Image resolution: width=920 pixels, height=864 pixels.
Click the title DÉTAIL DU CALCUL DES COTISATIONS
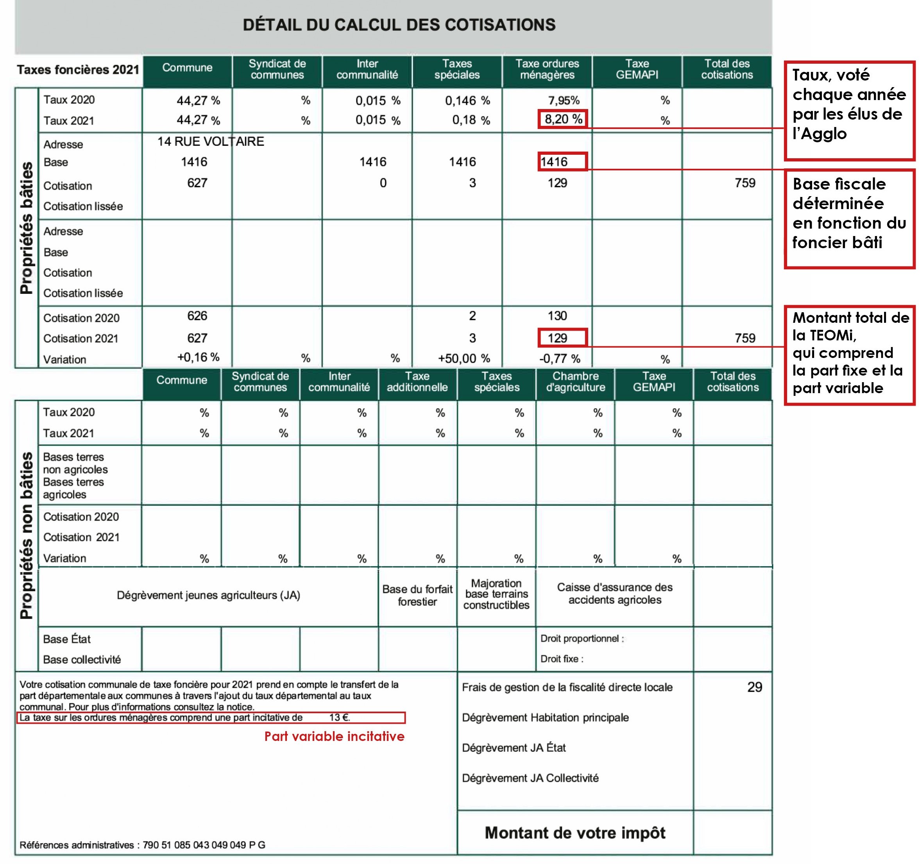coord(399,25)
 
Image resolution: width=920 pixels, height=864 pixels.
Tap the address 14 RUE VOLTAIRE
coord(211,141)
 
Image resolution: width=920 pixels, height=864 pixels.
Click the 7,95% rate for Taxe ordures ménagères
coord(563,100)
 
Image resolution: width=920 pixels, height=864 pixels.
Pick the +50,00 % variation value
coord(464,358)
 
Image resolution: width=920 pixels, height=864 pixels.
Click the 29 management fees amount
coord(754,687)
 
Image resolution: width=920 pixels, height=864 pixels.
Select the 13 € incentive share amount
coord(339,718)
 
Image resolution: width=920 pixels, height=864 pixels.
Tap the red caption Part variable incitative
coord(334,736)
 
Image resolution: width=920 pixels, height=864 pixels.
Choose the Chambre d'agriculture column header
coord(575,382)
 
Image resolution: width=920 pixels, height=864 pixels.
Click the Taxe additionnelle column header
coord(417,382)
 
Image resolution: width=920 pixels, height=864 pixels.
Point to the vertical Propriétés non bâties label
coord(27,535)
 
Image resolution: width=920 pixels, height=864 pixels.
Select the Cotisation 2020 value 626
coord(197,316)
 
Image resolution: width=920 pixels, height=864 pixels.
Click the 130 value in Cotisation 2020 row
coord(557,316)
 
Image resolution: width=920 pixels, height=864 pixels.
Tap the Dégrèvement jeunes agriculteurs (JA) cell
coord(208,595)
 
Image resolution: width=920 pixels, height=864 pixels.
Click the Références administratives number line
coord(143,845)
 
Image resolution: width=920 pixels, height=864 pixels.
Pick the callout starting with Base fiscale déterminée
coord(849,213)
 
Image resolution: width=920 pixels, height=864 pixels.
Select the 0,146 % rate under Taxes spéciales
coord(467,100)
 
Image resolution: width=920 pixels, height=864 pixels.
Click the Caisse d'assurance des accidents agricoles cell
coord(614,594)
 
